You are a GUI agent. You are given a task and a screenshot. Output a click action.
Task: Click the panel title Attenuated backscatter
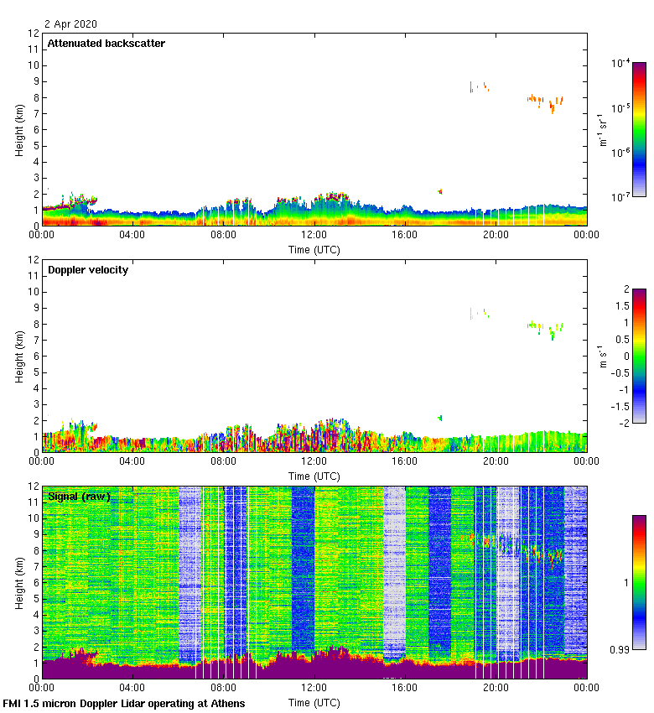106,43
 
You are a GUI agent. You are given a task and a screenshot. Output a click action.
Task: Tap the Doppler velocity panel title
88,269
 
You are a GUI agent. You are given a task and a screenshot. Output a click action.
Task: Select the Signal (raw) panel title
80,497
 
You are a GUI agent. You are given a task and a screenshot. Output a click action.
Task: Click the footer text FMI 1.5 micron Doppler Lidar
124,703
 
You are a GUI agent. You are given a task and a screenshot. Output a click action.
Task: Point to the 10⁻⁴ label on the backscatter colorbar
621,63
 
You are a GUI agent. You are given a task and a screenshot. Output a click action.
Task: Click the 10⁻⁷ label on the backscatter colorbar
621,197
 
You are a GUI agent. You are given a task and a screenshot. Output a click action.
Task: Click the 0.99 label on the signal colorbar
620,649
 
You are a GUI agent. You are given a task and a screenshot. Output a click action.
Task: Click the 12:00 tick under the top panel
314,235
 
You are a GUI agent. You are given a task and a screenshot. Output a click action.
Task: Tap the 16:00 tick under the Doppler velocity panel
405,461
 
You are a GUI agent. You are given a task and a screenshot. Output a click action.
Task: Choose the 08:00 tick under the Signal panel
223,688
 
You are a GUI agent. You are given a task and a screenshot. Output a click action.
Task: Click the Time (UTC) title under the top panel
314,249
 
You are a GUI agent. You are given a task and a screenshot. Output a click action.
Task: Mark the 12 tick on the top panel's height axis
34,34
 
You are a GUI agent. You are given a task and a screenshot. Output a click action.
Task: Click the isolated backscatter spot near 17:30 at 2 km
439,191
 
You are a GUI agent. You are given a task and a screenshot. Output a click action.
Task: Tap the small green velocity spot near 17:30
439,418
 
